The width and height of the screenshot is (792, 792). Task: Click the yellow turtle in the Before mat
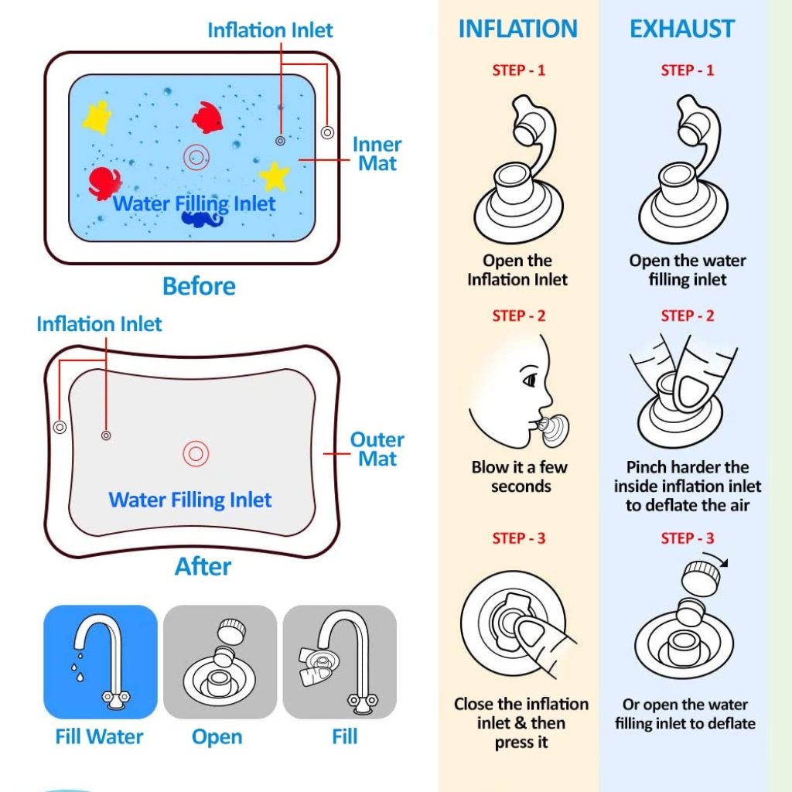pyautogui.click(x=97, y=117)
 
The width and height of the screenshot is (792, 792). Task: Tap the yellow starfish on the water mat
pyautogui.click(x=275, y=176)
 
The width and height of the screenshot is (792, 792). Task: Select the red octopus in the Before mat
pyautogui.click(x=104, y=183)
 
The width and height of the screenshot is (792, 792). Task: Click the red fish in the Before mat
pyautogui.click(x=207, y=118)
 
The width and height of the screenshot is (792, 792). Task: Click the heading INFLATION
pyautogui.click(x=517, y=29)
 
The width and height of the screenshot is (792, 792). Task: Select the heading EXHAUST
pyautogui.click(x=681, y=29)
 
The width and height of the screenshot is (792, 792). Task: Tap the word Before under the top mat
pyautogui.click(x=199, y=286)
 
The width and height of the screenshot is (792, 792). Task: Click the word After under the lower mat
pyautogui.click(x=203, y=567)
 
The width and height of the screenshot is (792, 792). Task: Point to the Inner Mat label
pyautogui.click(x=377, y=154)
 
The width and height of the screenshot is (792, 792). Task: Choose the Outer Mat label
pyautogui.click(x=377, y=449)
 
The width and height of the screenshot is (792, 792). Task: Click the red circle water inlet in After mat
pyautogui.click(x=195, y=454)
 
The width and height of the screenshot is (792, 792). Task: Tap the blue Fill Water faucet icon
pyautogui.click(x=101, y=662)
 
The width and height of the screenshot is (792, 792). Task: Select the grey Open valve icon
pyautogui.click(x=220, y=662)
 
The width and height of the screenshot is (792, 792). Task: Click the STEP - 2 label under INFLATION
pyautogui.click(x=519, y=316)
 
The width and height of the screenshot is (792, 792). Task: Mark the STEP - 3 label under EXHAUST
pyautogui.click(x=688, y=538)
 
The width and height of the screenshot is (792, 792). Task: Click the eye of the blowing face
pyautogui.click(x=530, y=381)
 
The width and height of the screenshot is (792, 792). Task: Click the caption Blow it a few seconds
pyautogui.click(x=520, y=476)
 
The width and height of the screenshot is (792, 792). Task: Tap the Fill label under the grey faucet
pyautogui.click(x=344, y=736)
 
